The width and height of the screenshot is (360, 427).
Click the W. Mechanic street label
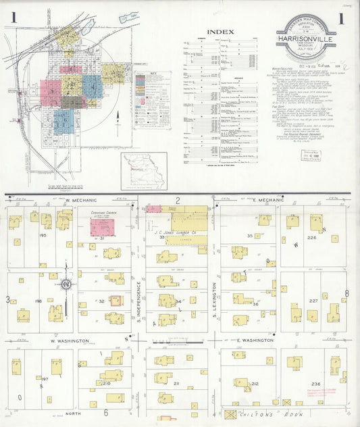pyautogui.click(x=82, y=201)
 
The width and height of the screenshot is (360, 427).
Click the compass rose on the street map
pyautogui.click(x=66, y=284)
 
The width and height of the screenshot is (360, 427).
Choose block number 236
pyautogui.click(x=316, y=384)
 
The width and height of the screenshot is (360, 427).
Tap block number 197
pyautogui.click(x=45, y=380)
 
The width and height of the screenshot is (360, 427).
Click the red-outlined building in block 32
pyautogui.click(x=115, y=301)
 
